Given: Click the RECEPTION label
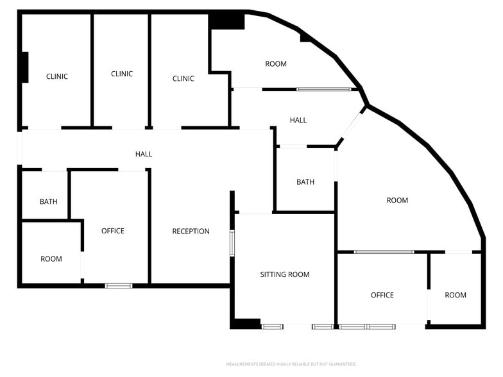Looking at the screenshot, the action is pos(191,231).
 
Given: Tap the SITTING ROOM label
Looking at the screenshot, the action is pos(285,274).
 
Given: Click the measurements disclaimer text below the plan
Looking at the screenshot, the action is pos(291,364).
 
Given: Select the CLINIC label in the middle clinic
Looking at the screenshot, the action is pos(122,74).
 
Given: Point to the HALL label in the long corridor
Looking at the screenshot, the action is pos(144,154).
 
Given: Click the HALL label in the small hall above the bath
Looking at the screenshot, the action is pos(298,121).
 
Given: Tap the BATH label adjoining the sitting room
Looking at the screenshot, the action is pos(305,182).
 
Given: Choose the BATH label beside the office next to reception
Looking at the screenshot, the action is pos(49,201).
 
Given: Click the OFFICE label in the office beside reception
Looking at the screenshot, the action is pos(113,231).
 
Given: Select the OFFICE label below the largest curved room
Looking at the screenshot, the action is pos(382,295).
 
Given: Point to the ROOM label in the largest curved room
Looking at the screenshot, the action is pos(398,200).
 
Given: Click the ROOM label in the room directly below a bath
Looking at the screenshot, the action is pos(51,259).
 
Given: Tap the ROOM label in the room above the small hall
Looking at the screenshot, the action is pos(276,64).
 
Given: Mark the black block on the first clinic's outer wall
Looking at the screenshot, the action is pos(25,67).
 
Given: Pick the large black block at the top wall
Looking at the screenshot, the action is pos(227,22).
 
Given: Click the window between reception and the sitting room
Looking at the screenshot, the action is pos(232,243).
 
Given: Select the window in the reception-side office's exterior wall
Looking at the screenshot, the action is pos(119,286).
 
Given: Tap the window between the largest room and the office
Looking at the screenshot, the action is pos(384,252).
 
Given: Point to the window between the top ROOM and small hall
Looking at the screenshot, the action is pos(323,90).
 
